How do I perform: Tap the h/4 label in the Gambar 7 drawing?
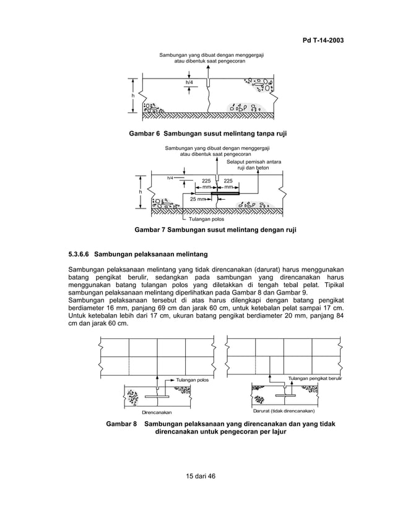pyautogui.click(x=171, y=178)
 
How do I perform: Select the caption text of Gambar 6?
pyautogui.click(x=207, y=133)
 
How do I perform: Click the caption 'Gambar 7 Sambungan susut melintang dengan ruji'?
pyautogui.click(x=215, y=230)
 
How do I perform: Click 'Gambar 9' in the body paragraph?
pyautogui.click(x=292, y=292)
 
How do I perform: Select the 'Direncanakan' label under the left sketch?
pyautogui.click(x=157, y=411)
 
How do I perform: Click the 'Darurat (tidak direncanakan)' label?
pyautogui.click(x=284, y=410)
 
